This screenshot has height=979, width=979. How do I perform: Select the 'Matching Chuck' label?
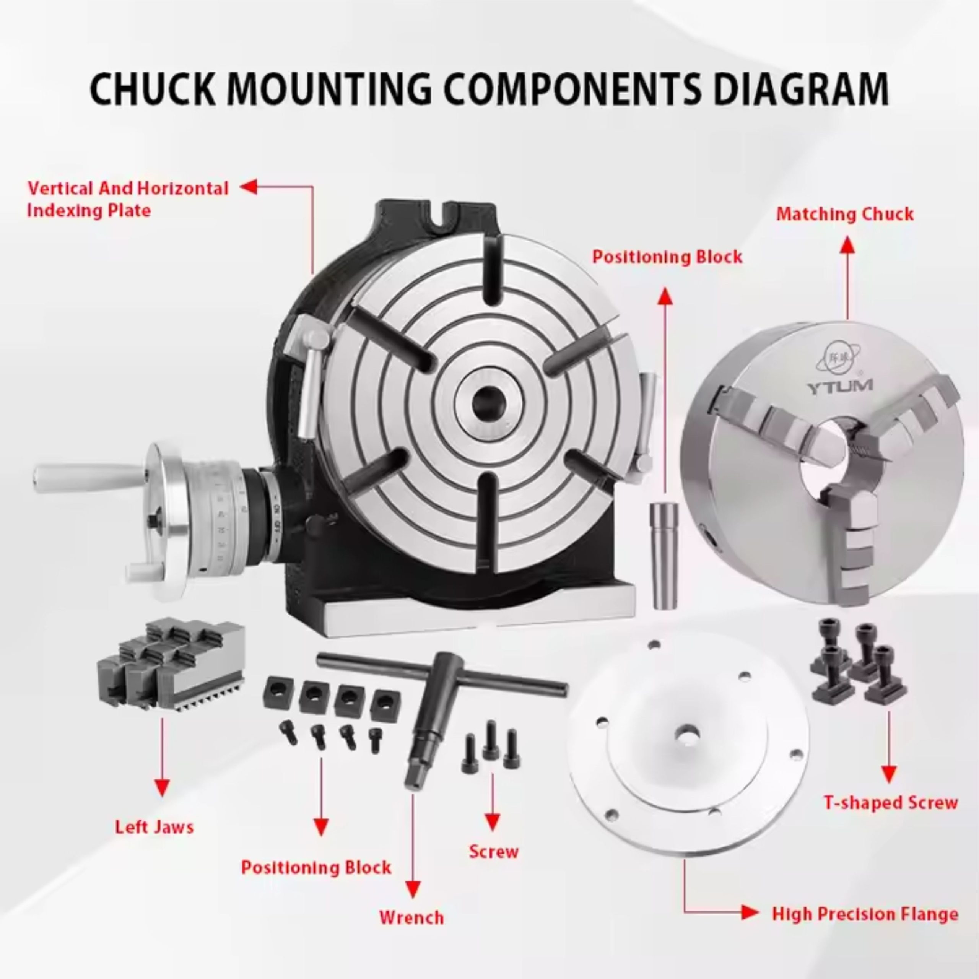845,214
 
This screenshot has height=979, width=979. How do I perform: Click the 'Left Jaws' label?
154,827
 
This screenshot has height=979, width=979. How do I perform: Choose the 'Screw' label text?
494,851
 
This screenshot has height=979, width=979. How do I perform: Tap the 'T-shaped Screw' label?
890,803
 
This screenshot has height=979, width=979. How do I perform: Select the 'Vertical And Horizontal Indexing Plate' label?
128,199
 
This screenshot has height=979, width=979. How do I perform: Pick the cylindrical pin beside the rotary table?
664,555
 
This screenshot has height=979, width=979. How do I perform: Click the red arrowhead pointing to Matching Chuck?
847,245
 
